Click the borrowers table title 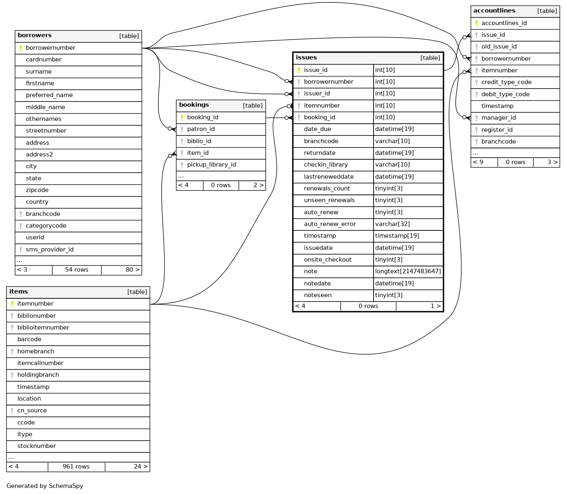pos(35,36)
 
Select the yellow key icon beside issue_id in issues pos(299,70)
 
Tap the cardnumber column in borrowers pos(44,60)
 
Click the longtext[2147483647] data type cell pos(408,272)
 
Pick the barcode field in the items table pos(29,340)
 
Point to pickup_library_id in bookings pos(211,165)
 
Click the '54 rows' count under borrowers pos(76,270)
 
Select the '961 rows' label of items pos(76,467)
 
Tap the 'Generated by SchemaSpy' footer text pos(45,486)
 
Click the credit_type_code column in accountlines pos(506,82)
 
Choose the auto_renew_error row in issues pos(329,224)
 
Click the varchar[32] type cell pos(392,224)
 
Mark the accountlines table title pos(494,11)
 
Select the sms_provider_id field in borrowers pos(49,250)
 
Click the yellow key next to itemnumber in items pos(12,304)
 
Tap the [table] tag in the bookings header pos(253,106)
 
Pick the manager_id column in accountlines pos(498,118)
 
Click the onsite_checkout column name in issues pos(327,260)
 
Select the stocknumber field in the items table pos(36,446)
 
